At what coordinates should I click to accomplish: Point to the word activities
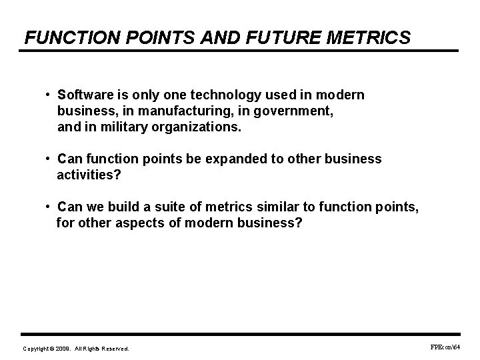85,175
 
